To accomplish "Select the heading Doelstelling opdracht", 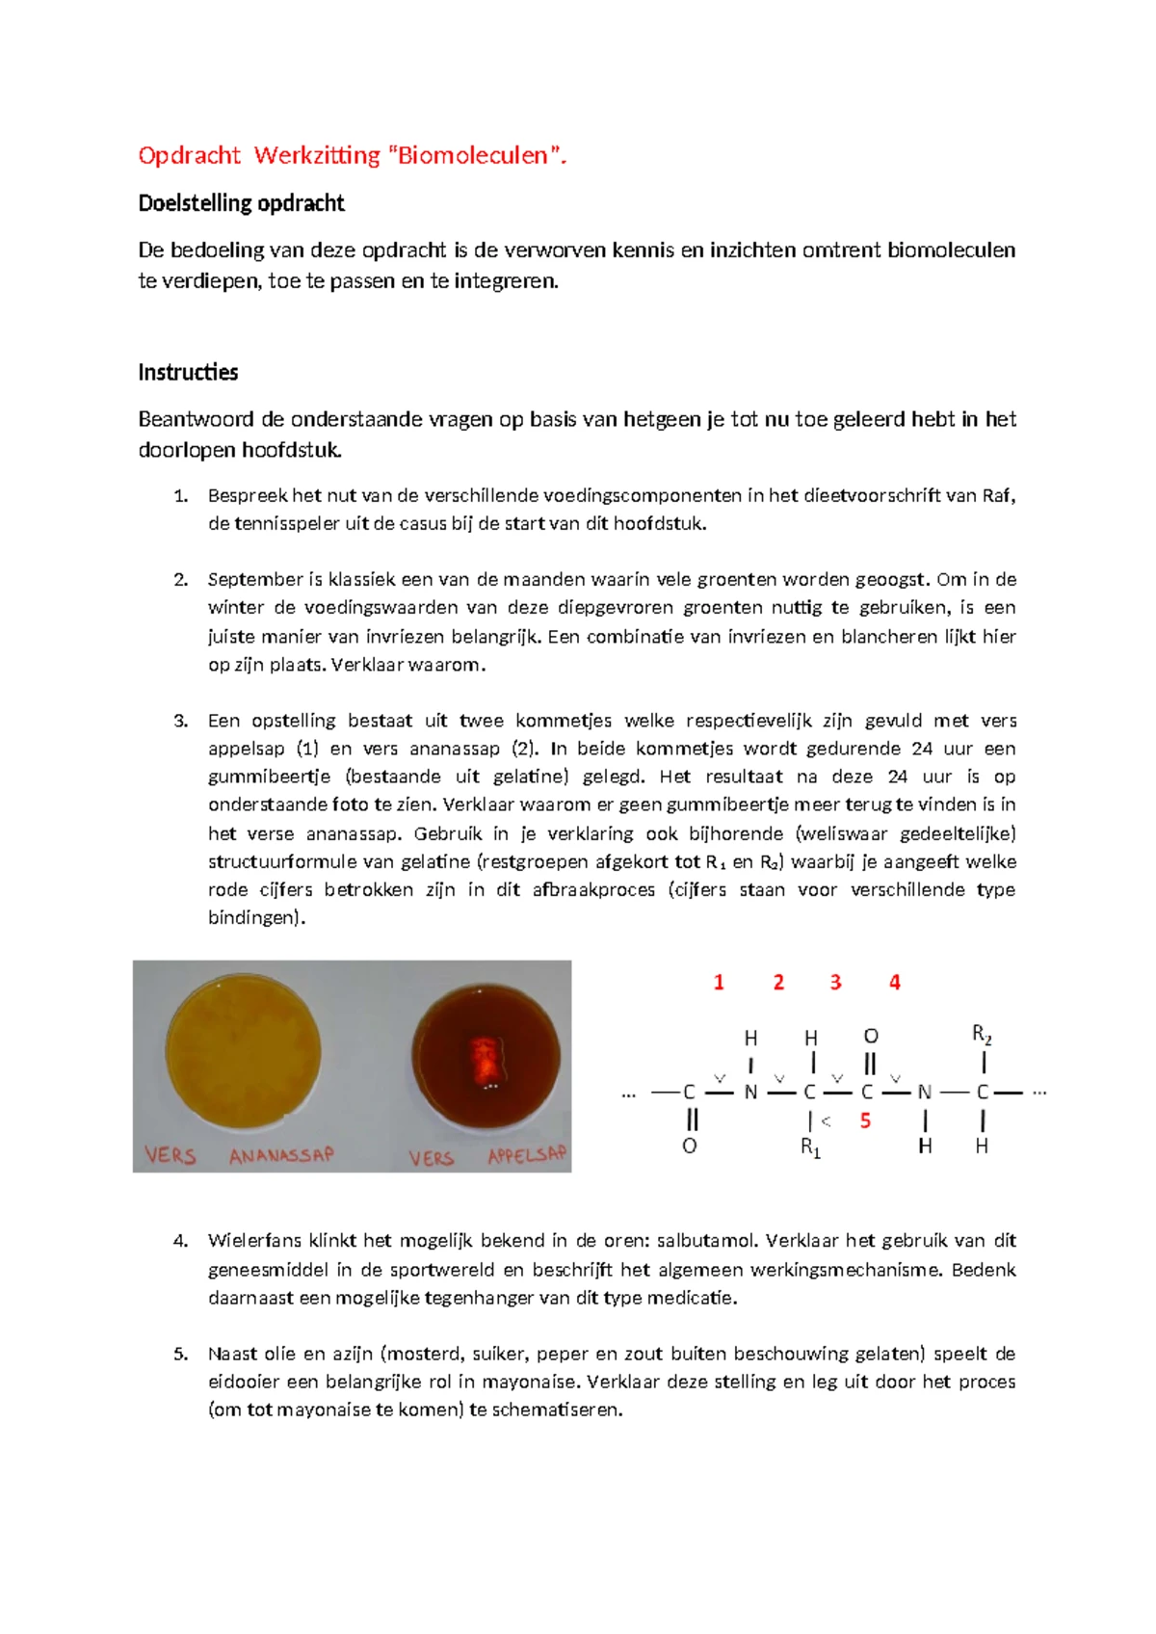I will tap(241, 203).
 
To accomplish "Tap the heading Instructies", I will tap(188, 373).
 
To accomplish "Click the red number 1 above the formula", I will tap(719, 983).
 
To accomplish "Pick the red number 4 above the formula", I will tap(895, 983).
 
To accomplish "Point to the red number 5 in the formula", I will tap(865, 1120).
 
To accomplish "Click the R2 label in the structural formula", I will tap(982, 1035).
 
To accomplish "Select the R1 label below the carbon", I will tap(810, 1147).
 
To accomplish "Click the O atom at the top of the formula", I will tap(871, 1037).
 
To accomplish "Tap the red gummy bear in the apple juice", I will tap(485, 1058).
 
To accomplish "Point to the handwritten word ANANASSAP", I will tap(281, 1155).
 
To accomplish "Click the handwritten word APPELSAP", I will tap(526, 1155).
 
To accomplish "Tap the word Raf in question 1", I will tap(997, 496).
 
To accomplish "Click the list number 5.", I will tap(180, 1355).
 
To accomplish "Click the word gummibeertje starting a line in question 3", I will tap(269, 777).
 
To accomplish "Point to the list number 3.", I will tap(180, 722).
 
